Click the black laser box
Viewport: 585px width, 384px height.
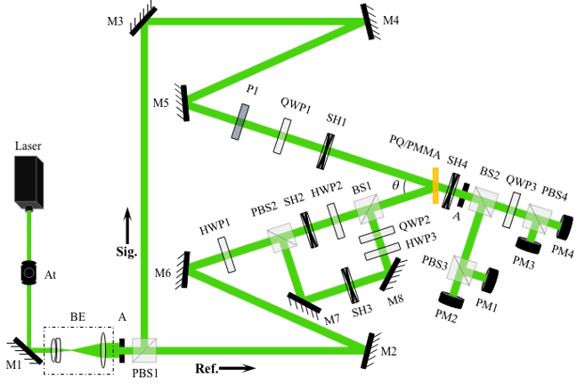[x=28, y=183]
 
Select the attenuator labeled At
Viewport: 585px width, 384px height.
[x=28, y=273]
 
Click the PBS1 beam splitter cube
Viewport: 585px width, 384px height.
[x=144, y=350]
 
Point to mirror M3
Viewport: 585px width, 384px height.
[x=142, y=19]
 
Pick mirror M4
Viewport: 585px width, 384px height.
[x=370, y=21]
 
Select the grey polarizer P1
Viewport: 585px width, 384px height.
[x=240, y=122]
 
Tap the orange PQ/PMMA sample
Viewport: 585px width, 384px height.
[x=435, y=186]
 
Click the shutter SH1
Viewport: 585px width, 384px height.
[x=325, y=151]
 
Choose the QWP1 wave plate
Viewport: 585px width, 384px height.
[x=281, y=135]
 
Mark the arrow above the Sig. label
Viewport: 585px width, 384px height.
[x=127, y=226]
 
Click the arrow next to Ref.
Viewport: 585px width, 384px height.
[x=237, y=368]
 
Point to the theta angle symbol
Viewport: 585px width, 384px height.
[x=395, y=184]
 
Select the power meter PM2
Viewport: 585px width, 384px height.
[x=452, y=300]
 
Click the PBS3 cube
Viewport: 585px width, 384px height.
[x=462, y=271]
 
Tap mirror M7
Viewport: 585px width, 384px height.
[x=304, y=303]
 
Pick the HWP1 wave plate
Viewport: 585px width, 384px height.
[x=226, y=255]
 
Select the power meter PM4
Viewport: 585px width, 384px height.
[x=565, y=227]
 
